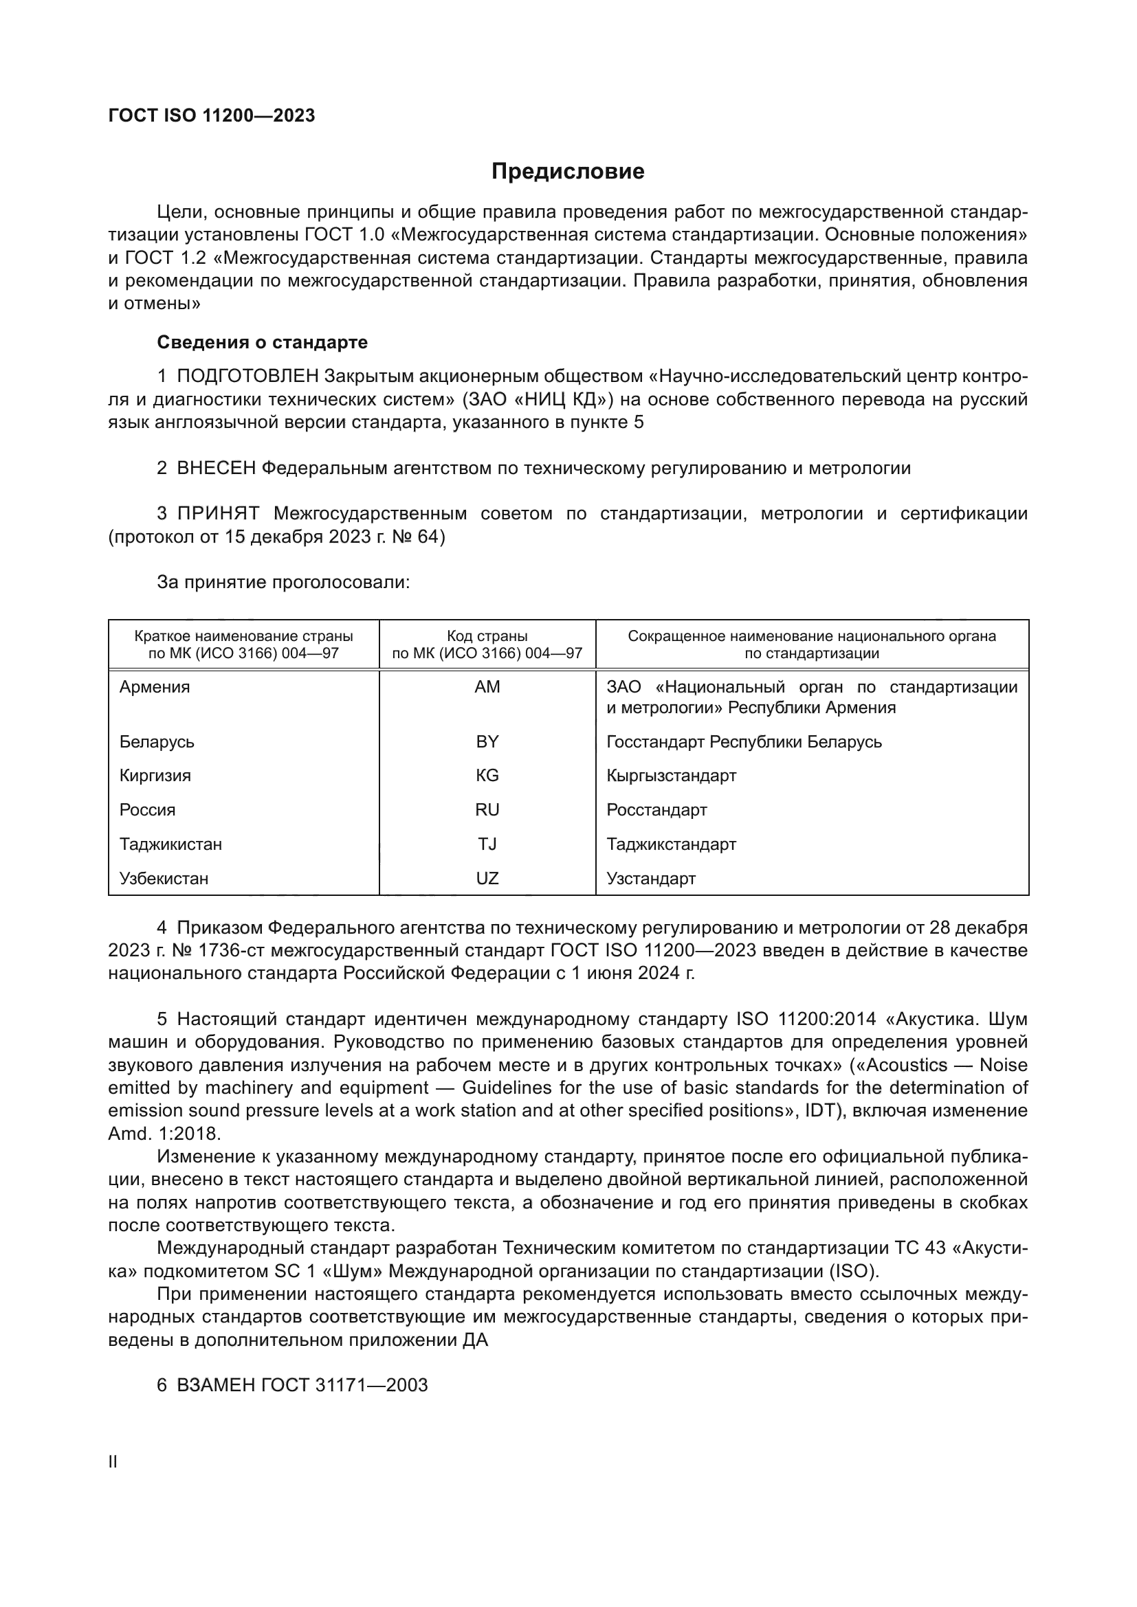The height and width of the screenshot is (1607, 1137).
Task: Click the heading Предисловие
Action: [x=568, y=172]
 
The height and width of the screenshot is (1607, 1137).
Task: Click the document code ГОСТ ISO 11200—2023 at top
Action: [x=212, y=115]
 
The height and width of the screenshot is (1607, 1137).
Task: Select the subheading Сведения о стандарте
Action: [x=262, y=342]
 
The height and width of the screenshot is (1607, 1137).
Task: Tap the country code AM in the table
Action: [x=487, y=686]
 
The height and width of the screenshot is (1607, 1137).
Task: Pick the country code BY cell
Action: [x=487, y=741]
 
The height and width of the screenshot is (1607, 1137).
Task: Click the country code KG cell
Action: [x=487, y=776]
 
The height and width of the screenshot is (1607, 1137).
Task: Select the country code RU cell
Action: [x=487, y=810]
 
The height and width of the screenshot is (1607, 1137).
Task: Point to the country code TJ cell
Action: [x=487, y=844]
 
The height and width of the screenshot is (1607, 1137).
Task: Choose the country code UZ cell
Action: [x=487, y=879]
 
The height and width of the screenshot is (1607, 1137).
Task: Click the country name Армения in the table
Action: [x=155, y=686]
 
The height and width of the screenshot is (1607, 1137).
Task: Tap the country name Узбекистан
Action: [x=164, y=879]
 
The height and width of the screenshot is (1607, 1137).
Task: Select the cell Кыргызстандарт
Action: [x=671, y=776]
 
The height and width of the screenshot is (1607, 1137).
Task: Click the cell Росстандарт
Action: [x=656, y=810]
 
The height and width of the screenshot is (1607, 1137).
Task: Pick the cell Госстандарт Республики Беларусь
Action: [x=744, y=741]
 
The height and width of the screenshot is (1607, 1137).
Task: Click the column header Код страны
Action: [x=487, y=636]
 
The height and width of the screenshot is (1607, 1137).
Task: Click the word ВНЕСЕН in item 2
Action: [x=217, y=469]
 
